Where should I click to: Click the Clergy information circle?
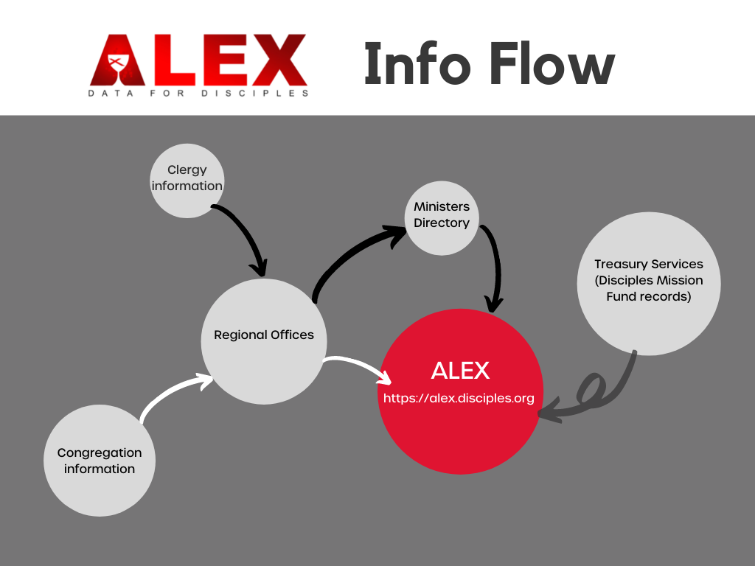pyautogui.click(x=187, y=181)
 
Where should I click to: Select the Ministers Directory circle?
pyautogui.click(x=442, y=218)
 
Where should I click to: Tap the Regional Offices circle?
pyautogui.click(x=264, y=341)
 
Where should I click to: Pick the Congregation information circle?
pyautogui.click(x=100, y=461)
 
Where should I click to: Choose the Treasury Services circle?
pyautogui.click(x=649, y=284)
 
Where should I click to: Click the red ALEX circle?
pyautogui.click(x=460, y=391)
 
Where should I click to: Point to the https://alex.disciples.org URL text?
pyautogui.click(x=459, y=399)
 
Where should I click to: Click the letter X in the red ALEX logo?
pyautogui.click(x=279, y=60)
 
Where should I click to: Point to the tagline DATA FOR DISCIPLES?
pyautogui.click(x=198, y=94)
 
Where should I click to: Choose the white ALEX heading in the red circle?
pyautogui.click(x=460, y=371)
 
